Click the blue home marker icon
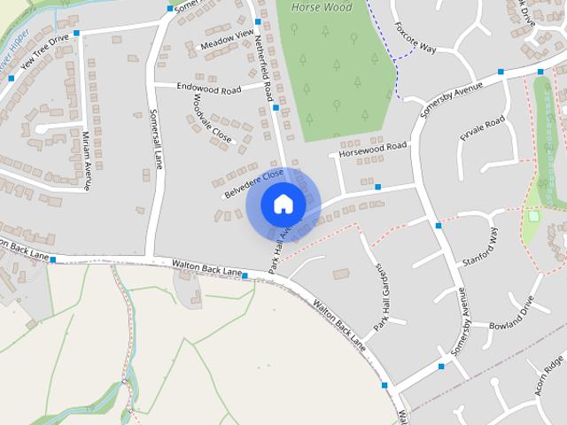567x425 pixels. (x=283, y=204)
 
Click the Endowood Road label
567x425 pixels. (x=210, y=89)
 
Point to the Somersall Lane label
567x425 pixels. (x=158, y=142)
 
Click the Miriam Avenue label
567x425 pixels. (x=86, y=159)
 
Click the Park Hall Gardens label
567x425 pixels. (x=380, y=297)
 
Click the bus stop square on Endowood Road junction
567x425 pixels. (x=276, y=107)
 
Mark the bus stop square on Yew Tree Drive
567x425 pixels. (x=77, y=33)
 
